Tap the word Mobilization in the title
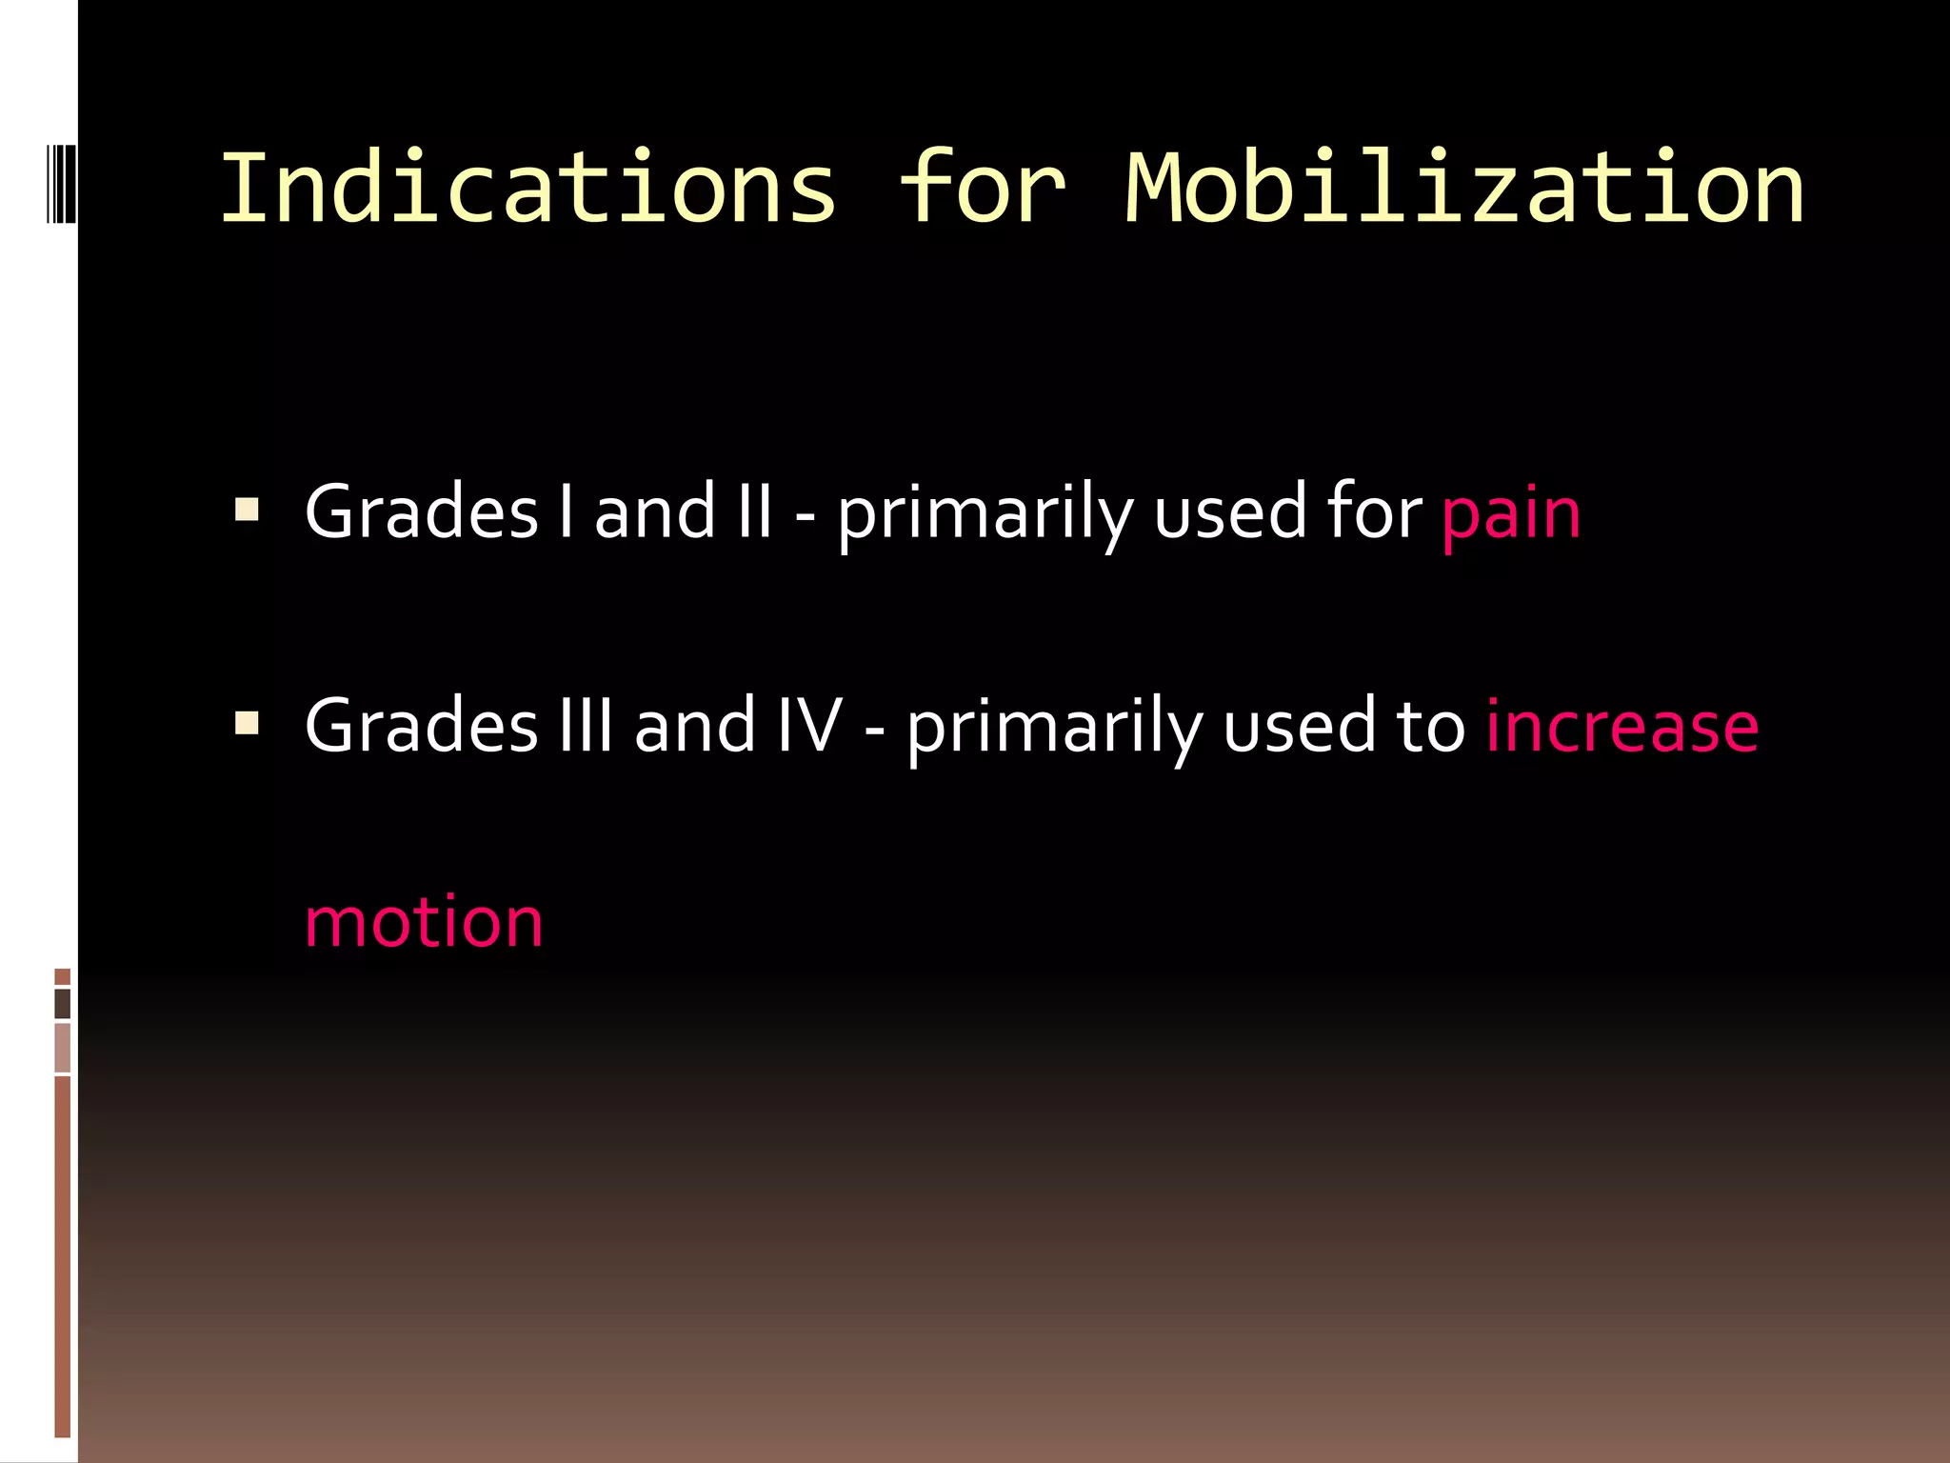[x=1464, y=190]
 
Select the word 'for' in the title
[x=982, y=190]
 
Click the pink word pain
[x=1511, y=514]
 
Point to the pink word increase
[x=1622, y=728]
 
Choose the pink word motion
[x=424, y=922]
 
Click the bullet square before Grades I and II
[x=248, y=511]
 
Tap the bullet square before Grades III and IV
[x=248, y=725]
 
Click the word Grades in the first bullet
[x=422, y=512]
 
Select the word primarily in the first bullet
[x=985, y=514]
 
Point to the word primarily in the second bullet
[x=1054, y=728]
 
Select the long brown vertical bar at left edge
[x=63, y=1255]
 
